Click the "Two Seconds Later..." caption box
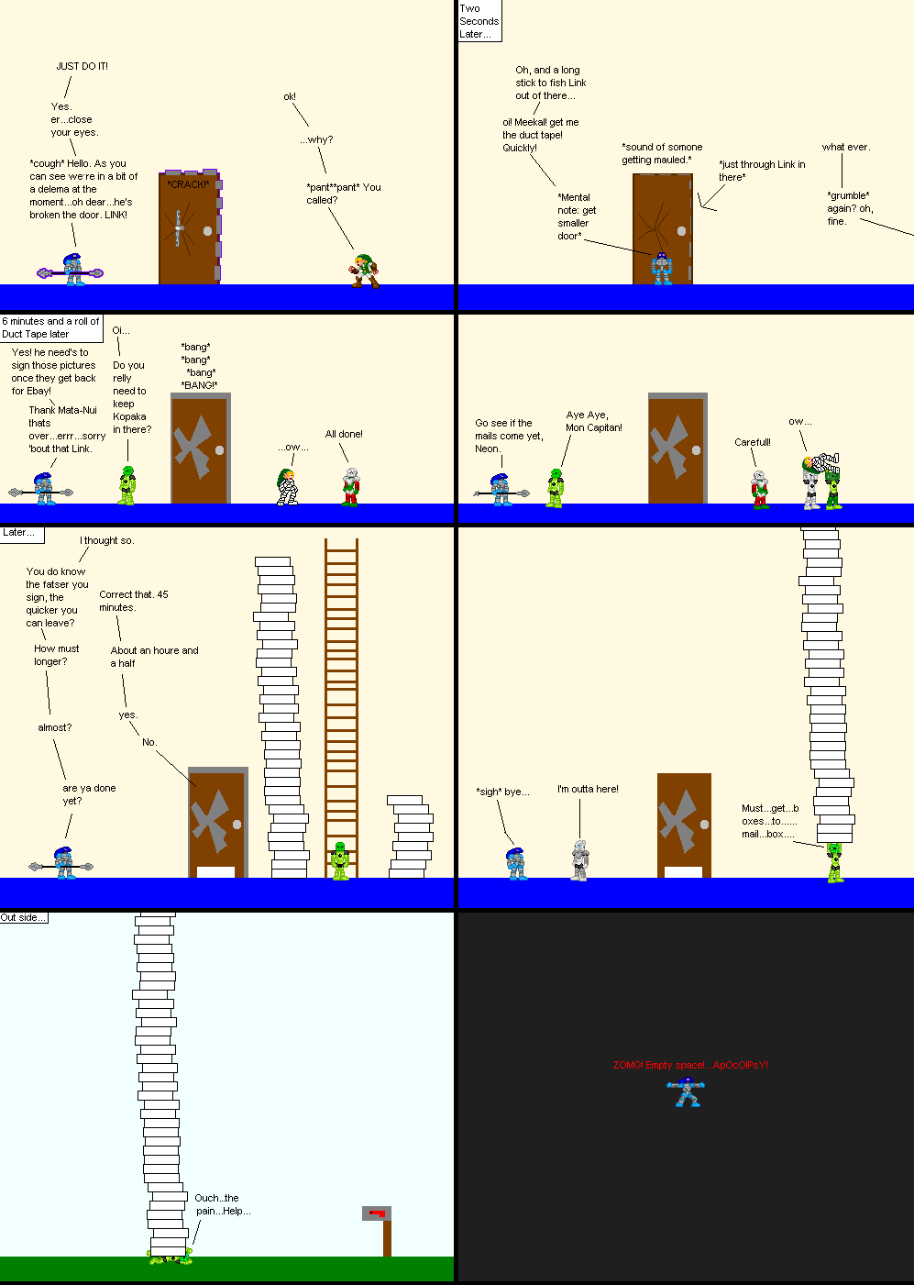[479, 21]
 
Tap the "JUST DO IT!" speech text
[82, 66]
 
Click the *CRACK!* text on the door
[188, 184]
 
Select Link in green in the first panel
[364, 271]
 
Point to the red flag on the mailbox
[376, 1213]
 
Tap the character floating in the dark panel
[685, 1092]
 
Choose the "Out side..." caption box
[23, 917]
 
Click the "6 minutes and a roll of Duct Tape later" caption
[50, 327]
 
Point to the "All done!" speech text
[344, 434]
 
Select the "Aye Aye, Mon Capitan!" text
[593, 421]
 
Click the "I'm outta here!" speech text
[588, 789]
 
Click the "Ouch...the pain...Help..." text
[222, 1204]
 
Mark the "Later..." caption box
[19, 532]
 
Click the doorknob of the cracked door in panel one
[207, 230]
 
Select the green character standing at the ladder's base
[340, 861]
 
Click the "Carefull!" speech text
[753, 442]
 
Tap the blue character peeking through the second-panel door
[661, 269]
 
